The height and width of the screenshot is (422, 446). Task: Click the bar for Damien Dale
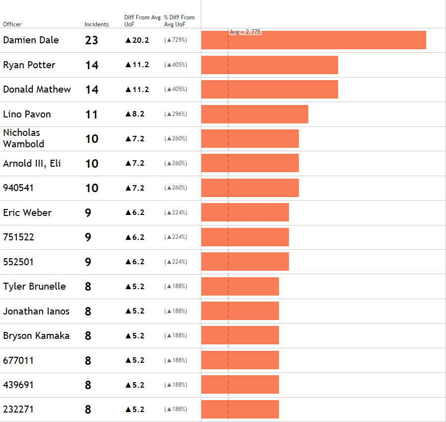[313, 40]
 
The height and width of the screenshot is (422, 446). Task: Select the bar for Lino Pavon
[255, 114]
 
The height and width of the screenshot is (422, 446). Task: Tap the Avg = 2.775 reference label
[245, 32]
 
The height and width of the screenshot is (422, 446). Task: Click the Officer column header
[12, 24]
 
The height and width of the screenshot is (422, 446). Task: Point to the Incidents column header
[96, 24]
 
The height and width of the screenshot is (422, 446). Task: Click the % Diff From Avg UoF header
[179, 20]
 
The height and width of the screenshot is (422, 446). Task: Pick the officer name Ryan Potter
[29, 65]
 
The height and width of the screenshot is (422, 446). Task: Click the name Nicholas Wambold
[23, 138]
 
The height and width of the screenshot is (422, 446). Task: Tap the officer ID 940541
[18, 188]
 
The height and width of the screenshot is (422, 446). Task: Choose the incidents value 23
[91, 40]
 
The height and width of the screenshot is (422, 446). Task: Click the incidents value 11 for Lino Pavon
[91, 114]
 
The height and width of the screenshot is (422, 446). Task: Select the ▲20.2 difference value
[137, 40]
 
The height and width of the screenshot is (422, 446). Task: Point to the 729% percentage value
[176, 40]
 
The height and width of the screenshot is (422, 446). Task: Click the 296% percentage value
[176, 114]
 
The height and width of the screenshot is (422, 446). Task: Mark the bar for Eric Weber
[245, 212]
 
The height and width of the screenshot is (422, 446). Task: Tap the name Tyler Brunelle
[34, 286]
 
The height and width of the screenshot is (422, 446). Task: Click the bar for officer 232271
[240, 410]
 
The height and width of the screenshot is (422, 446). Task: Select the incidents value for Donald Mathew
[91, 90]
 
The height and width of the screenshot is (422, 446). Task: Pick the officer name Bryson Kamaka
[36, 335]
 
